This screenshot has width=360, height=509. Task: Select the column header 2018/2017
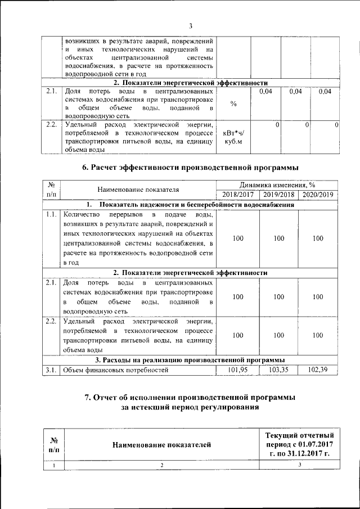(238, 194)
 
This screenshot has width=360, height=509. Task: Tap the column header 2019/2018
(278, 194)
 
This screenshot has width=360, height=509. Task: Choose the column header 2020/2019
(318, 194)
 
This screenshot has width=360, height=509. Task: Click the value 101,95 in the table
(238, 370)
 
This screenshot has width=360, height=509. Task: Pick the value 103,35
(278, 370)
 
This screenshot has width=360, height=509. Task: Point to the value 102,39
(318, 370)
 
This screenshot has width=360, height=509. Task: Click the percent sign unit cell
(233, 104)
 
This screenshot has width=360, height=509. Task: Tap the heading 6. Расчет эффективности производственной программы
(191, 167)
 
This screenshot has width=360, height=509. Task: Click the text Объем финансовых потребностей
(116, 370)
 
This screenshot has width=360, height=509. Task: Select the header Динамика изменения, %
(278, 184)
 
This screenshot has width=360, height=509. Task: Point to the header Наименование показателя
(138, 190)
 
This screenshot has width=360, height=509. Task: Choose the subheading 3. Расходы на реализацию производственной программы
(190, 359)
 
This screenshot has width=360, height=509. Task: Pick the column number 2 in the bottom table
(161, 465)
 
